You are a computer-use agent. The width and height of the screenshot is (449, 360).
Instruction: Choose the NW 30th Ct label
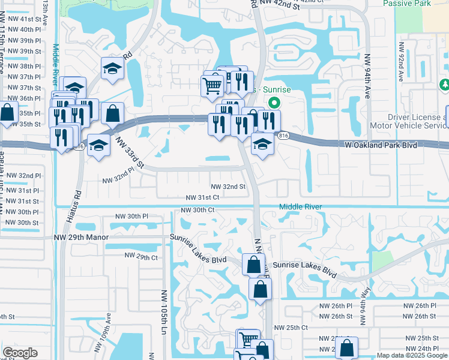[197, 210]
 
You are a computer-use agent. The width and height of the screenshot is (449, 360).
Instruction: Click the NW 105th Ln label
[163, 313]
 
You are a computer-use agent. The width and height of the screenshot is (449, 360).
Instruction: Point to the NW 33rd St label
[130, 153]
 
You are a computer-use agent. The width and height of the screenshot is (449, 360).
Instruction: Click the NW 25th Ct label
[291, 328]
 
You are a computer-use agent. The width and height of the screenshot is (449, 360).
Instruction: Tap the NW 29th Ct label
[141, 256]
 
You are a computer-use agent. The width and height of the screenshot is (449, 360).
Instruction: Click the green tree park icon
[444, 84]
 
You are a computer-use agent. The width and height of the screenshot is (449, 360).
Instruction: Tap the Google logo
[20, 353]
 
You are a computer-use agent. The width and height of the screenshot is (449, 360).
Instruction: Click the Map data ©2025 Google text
[412, 355]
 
